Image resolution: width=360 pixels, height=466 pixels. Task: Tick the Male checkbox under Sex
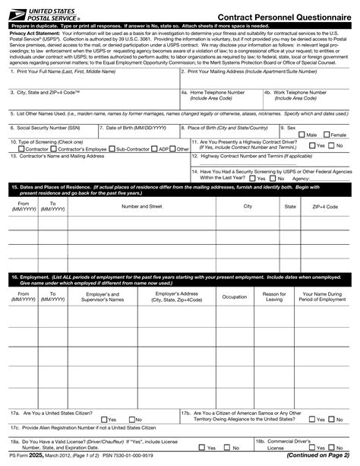[303, 135]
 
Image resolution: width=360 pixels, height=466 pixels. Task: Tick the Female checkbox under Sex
[327, 135]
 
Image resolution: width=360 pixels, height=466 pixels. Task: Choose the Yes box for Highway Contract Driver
[312, 145]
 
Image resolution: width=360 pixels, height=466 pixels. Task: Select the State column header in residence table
[290, 206]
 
